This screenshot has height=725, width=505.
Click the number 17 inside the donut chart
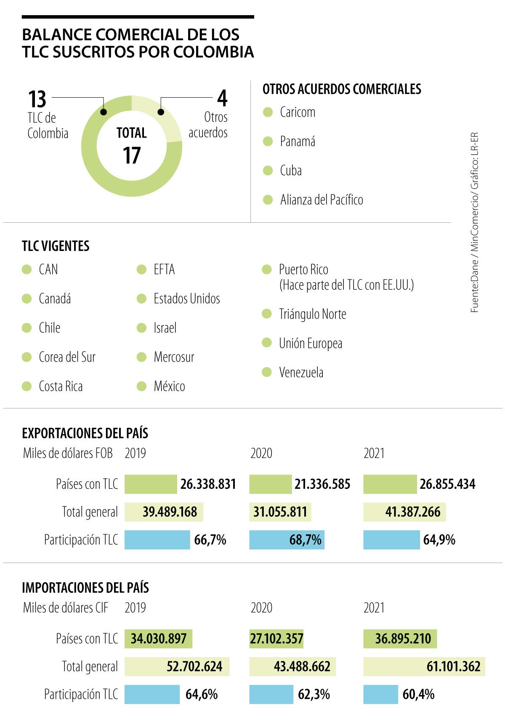tap(131, 155)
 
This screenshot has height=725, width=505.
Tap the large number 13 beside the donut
tap(37, 99)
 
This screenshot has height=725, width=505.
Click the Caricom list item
tap(297, 112)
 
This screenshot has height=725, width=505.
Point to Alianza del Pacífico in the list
tap(322, 200)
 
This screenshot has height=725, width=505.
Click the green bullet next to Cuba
tap(268, 171)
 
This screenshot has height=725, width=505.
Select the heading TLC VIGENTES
tap(56, 246)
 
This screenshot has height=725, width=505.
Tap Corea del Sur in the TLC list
tap(67, 357)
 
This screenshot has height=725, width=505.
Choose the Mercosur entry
tap(174, 357)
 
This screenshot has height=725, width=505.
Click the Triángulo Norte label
tap(312, 314)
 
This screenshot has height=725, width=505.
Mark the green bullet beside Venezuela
tap(266, 372)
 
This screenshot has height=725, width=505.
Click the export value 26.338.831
tap(208, 484)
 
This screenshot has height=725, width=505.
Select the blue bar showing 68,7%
tap(287, 540)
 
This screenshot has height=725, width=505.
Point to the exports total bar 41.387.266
tap(404, 512)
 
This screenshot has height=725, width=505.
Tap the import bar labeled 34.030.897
tap(158, 639)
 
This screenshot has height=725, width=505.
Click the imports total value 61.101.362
tap(453, 666)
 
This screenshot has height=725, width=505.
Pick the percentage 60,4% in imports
tap(418, 694)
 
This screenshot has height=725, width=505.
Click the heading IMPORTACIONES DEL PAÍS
tap(85, 588)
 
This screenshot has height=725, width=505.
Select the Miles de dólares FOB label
tap(68, 453)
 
